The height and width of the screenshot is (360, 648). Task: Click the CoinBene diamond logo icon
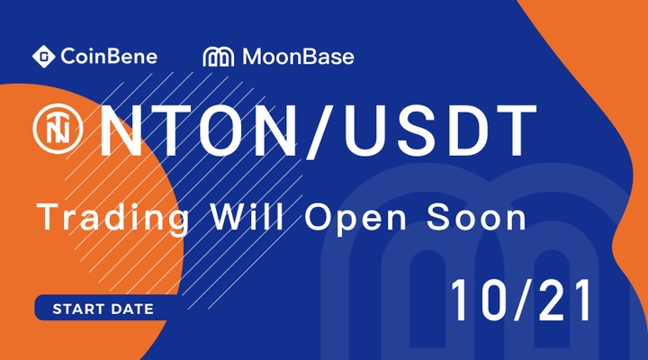(x=44, y=56)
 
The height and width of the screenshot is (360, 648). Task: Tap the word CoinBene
(x=109, y=57)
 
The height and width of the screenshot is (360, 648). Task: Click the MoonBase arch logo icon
(x=218, y=57)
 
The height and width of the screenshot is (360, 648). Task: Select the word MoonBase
(x=299, y=57)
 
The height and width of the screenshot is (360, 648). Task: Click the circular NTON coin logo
(x=58, y=129)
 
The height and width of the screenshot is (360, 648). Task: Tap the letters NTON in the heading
(x=199, y=131)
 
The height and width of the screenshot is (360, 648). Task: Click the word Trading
(x=113, y=218)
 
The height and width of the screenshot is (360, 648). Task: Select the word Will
(x=248, y=216)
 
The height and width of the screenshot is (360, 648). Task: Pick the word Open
(x=355, y=219)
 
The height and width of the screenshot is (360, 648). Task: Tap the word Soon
(x=476, y=216)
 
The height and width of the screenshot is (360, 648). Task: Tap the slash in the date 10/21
(x=522, y=300)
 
